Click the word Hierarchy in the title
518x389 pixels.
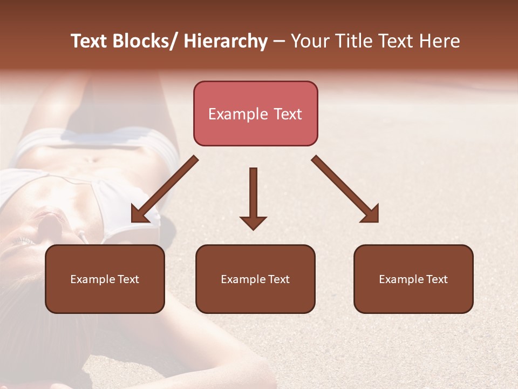[x=226, y=42]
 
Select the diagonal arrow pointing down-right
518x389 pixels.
[x=345, y=189]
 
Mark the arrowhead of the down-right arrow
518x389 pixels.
[x=371, y=214]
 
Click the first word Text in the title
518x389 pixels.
[x=90, y=42]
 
